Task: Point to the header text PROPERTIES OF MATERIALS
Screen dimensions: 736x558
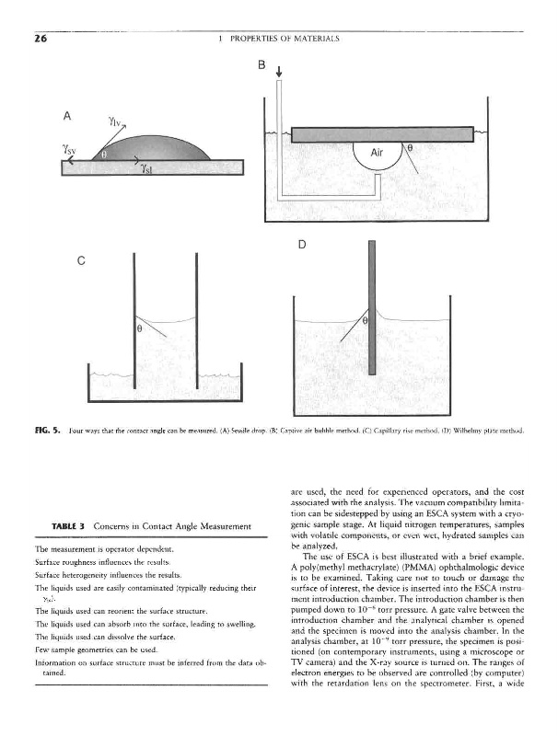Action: click(x=279, y=40)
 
